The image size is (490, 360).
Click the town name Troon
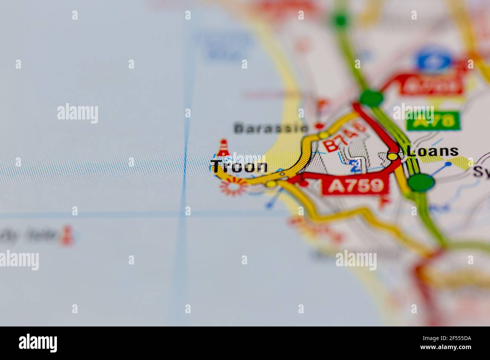point(239,166)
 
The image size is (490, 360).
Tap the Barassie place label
point(271,128)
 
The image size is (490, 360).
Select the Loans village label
point(433,151)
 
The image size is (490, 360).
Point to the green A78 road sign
point(433,121)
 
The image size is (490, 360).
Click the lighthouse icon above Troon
point(224,148)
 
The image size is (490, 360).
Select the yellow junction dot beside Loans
point(393,156)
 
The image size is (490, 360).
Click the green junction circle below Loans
point(421,183)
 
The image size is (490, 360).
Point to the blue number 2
point(354,166)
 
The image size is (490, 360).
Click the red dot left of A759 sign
point(304,183)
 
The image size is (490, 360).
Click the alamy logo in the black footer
point(38,343)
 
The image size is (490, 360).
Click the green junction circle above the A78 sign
point(371,98)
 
